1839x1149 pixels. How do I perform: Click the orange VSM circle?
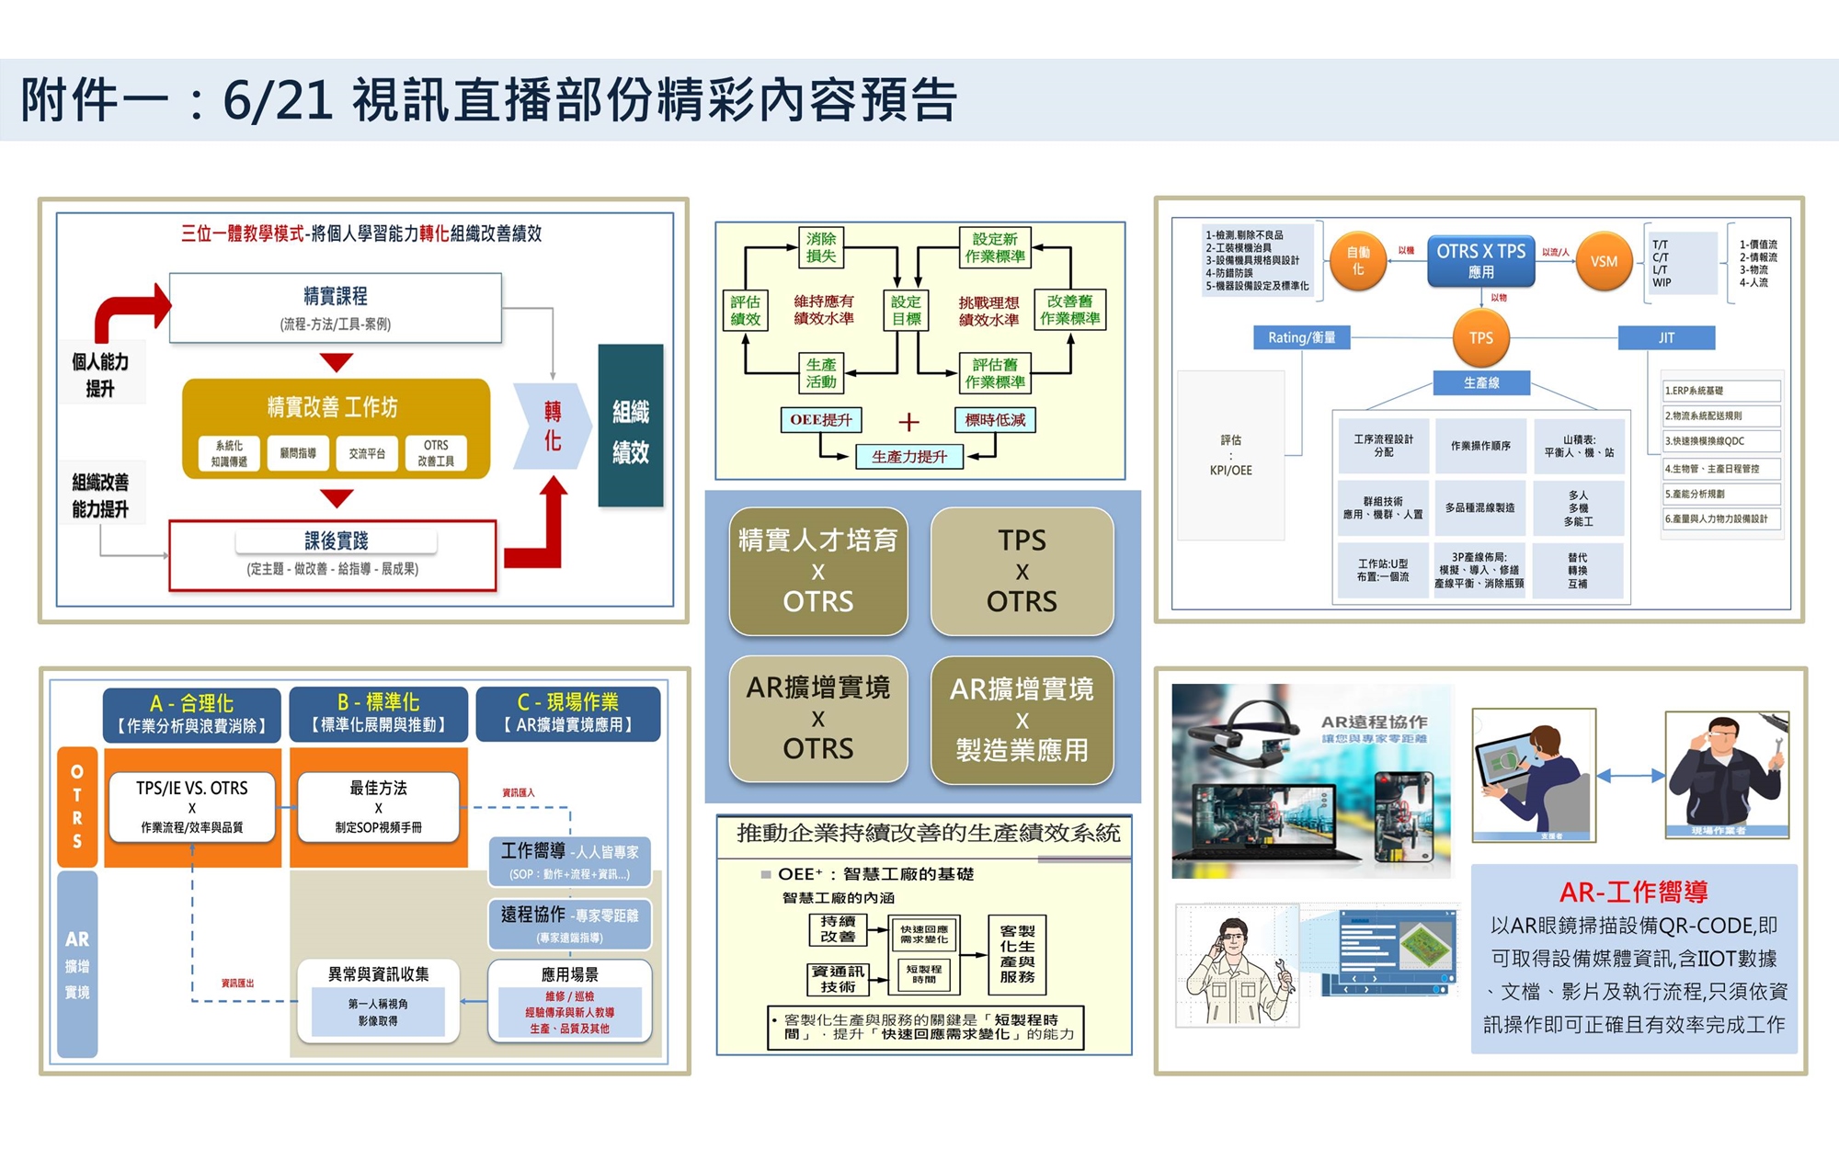pyautogui.click(x=1604, y=261)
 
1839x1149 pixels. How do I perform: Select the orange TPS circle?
pyautogui.click(x=1480, y=337)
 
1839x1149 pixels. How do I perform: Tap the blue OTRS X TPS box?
pyautogui.click(x=1480, y=261)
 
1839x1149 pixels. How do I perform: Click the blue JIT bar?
pyautogui.click(x=1666, y=337)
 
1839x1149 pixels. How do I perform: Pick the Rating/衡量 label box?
pyautogui.click(x=1301, y=337)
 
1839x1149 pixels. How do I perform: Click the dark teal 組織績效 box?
pyautogui.click(x=631, y=427)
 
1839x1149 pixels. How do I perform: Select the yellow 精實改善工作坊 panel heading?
pyautogui.click(x=333, y=406)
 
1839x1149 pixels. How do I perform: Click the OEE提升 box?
pyautogui.click(x=821, y=420)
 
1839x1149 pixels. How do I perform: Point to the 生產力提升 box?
pyautogui.click(x=908, y=457)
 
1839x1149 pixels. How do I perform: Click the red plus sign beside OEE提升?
pyautogui.click(x=908, y=422)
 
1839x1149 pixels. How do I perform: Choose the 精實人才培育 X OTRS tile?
pyautogui.click(x=818, y=571)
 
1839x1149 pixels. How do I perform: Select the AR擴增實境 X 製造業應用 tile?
pyautogui.click(x=1022, y=720)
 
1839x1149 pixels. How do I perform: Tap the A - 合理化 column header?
pyautogui.click(x=192, y=713)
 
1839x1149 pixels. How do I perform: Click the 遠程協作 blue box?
pyautogui.click(x=569, y=923)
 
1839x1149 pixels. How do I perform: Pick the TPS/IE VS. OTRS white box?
pyautogui.click(x=192, y=806)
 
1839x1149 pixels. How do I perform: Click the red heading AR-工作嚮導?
pyautogui.click(x=1633, y=892)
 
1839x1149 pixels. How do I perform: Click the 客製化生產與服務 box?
pyautogui.click(x=1017, y=954)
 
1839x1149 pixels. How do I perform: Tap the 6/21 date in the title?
pyautogui.click(x=277, y=100)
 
